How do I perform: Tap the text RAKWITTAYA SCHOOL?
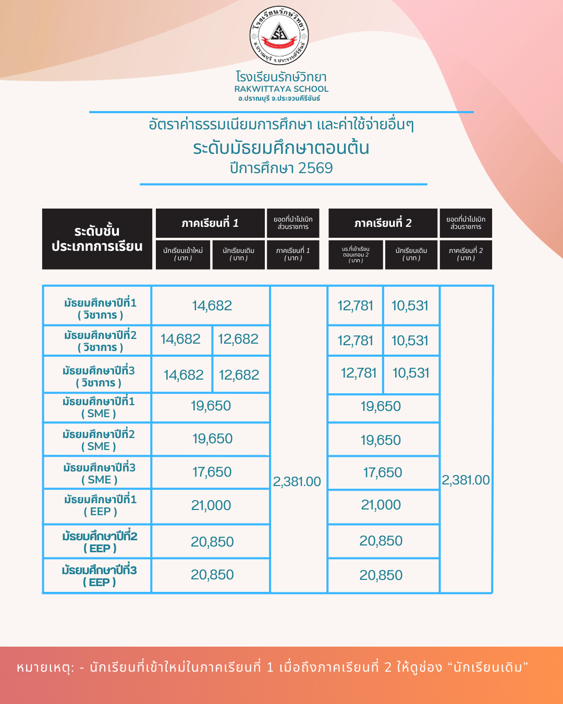pos(281,89)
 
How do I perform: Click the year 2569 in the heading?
pos(315,168)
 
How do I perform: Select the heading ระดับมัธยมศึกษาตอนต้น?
pos(281,148)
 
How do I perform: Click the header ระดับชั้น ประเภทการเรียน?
pos(97,239)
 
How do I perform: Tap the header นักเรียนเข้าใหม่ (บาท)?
pos(183,254)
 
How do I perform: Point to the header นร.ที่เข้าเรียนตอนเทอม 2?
pos(356,254)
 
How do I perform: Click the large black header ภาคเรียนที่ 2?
pos(383,223)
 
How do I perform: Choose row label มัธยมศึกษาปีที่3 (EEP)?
pos(99,576)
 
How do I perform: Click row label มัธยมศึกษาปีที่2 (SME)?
pos(99,440)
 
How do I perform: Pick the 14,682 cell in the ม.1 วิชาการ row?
pos(212,306)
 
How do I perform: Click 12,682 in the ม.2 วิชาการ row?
pos(238,339)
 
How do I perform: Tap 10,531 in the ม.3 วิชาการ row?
pos(411,373)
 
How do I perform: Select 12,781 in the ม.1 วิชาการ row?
pos(356,306)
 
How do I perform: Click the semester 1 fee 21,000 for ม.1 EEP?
pos(211,505)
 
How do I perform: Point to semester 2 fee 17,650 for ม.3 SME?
pos(383,472)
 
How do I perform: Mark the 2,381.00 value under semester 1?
pos(297,481)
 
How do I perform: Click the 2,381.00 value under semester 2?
pos(466,480)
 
